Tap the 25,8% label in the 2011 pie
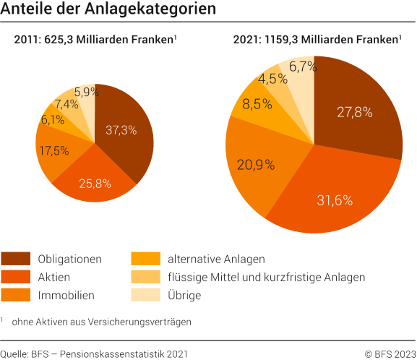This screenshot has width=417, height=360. tap(95, 184)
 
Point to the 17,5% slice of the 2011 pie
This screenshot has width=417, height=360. tap(55, 151)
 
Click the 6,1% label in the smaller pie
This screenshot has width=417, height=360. tap(53, 120)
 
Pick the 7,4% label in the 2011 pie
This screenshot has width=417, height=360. tap(66, 104)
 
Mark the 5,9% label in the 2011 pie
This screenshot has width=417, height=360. tap(87, 93)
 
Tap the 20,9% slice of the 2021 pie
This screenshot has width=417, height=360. tap(256, 164)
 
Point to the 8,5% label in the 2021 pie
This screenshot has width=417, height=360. tap(257, 104)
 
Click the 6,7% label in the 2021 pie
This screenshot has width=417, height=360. tap(303, 67)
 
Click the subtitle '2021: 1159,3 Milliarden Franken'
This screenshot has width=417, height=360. tap(317, 40)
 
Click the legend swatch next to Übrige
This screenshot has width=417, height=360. tap(145, 295)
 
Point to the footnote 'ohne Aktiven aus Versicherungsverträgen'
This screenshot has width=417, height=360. tap(101, 321)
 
